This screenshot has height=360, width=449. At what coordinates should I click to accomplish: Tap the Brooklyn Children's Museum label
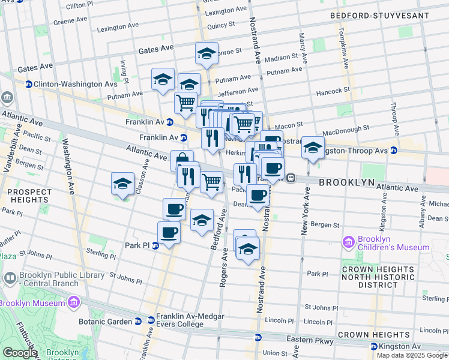[x=393, y=243]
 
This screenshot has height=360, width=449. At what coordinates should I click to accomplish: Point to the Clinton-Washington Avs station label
[x=63, y=84]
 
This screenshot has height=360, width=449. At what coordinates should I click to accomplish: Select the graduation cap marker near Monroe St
[x=206, y=53]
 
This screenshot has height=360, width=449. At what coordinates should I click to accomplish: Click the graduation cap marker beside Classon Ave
[x=122, y=184]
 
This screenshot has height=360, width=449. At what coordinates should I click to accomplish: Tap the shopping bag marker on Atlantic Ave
[x=181, y=160]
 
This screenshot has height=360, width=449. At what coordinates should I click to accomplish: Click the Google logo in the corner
[x=19, y=353]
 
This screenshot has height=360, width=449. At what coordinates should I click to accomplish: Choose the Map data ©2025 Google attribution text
[x=412, y=355]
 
